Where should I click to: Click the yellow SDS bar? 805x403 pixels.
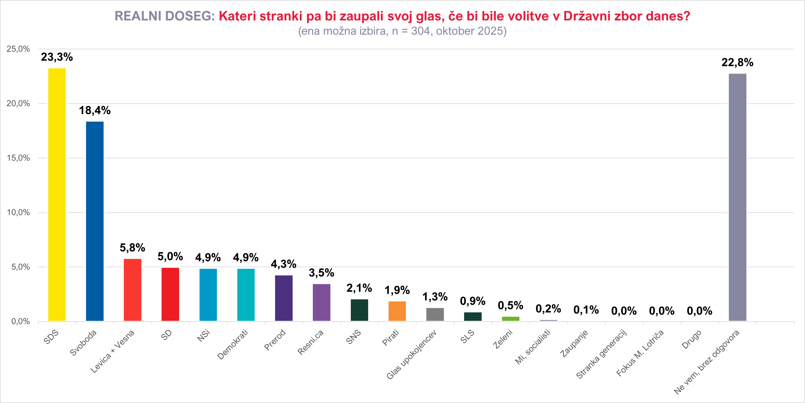[57, 194]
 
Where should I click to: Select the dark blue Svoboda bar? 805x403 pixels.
[95, 221]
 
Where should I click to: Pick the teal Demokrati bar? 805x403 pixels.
[246, 295]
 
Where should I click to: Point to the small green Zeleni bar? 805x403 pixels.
[510, 319]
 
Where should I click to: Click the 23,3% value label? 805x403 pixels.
[57, 57]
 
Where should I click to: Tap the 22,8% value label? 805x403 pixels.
[738, 63]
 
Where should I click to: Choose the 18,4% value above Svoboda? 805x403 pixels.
[95, 110]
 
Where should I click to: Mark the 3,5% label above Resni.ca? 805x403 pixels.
[322, 273]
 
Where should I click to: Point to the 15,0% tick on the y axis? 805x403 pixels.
[18, 158]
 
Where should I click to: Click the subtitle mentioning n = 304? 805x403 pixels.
[402, 31]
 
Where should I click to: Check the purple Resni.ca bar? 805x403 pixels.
[322, 302]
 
